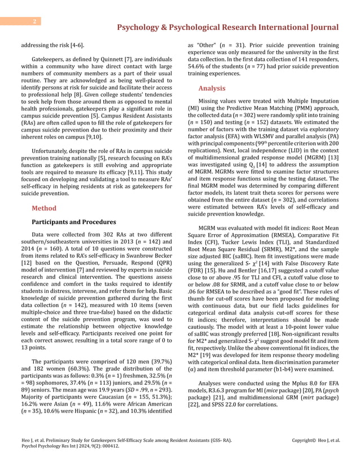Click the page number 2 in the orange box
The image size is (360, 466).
pyautogui.click(x=34, y=21)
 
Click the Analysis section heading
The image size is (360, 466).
pyautogui.click(x=212, y=88)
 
